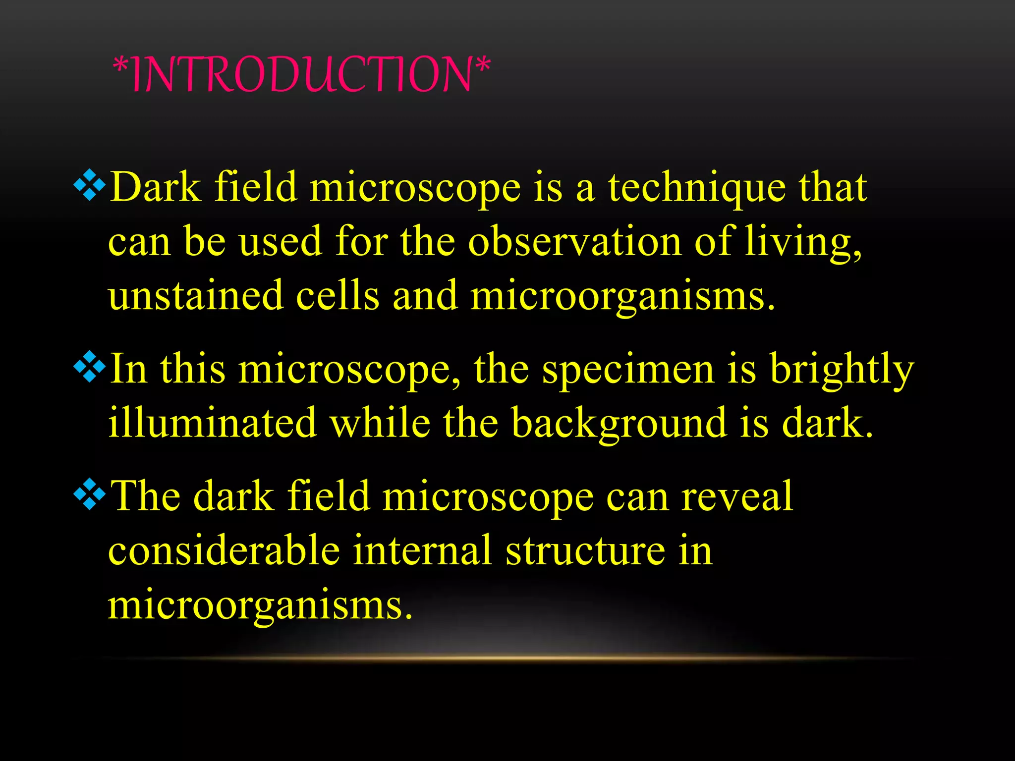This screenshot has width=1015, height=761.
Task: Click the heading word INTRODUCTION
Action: click(301, 75)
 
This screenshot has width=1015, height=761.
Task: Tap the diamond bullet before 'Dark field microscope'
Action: click(90, 185)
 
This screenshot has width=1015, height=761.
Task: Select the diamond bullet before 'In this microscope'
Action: click(90, 367)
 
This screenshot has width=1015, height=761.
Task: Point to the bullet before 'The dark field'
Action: click(90, 494)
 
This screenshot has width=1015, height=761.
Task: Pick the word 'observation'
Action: click(575, 242)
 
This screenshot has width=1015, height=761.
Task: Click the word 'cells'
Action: click(338, 296)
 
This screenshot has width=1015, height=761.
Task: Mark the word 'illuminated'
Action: click(213, 423)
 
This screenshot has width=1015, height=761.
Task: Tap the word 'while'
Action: click(380, 423)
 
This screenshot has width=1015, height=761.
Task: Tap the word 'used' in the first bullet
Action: click(281, 242)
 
